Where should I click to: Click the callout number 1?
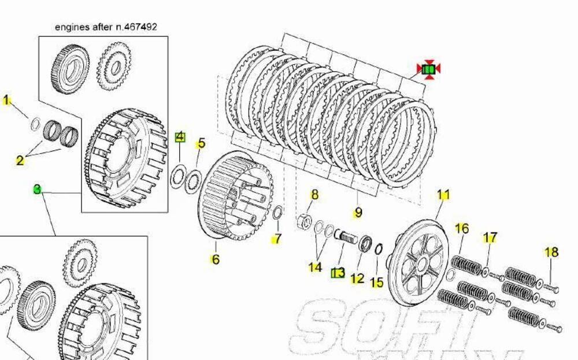(6, 101)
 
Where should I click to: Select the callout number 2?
(20, 160)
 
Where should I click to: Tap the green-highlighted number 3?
(37, 189)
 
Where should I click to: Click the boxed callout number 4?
(180, 137)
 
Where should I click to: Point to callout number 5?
(201, 143)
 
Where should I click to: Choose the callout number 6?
(216, 259)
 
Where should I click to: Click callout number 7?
(277, 238)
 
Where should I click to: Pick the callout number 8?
(314, 195)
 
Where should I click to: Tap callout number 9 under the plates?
(358, 213)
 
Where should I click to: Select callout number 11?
(443, 195)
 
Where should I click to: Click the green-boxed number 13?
(338, 273)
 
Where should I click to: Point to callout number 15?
(376, 283)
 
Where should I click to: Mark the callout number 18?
(551, 252)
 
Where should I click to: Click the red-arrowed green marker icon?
(428, 70)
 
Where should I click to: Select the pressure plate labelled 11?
(418, 263)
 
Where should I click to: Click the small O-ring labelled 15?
(378, 249)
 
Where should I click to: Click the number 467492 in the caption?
(141, 27)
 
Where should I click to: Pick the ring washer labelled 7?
(277, 213)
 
